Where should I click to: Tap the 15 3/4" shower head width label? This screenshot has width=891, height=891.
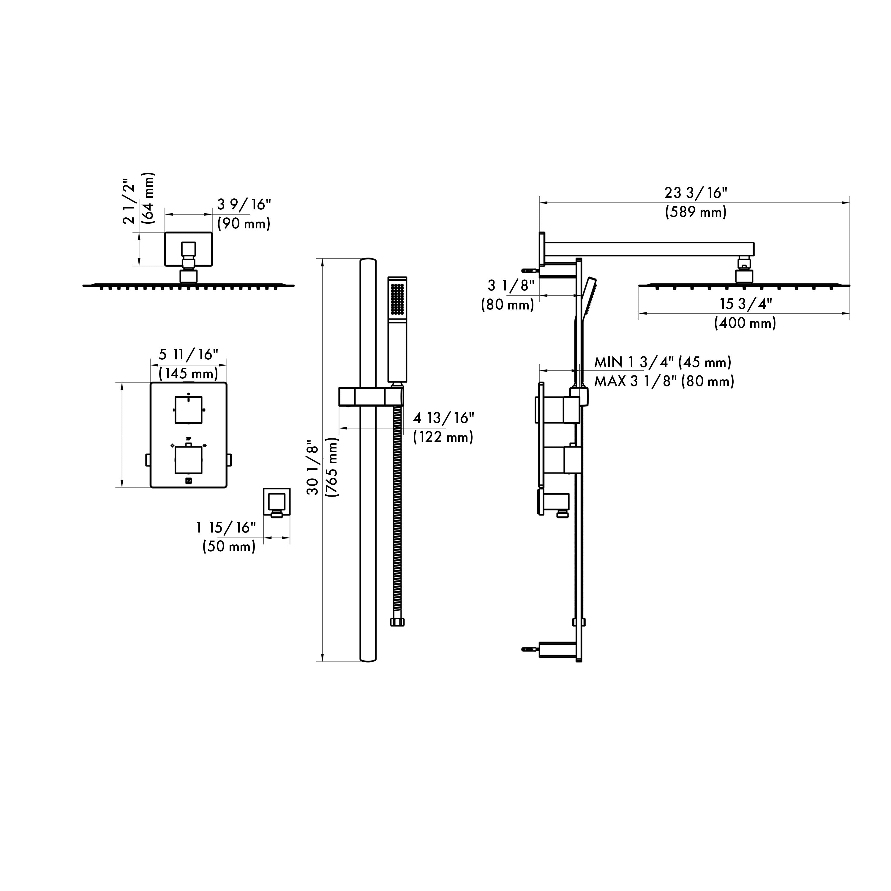point(746,304)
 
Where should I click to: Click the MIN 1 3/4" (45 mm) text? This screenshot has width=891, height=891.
point(663,362)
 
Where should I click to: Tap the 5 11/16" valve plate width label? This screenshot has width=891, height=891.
point(188,355)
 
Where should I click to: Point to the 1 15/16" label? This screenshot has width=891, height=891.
point(226,527)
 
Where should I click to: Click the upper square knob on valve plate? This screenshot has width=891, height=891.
point(188,410)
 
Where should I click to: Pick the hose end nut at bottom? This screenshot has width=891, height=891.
point(397,622)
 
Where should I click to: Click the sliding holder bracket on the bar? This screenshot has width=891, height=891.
point(371,396)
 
